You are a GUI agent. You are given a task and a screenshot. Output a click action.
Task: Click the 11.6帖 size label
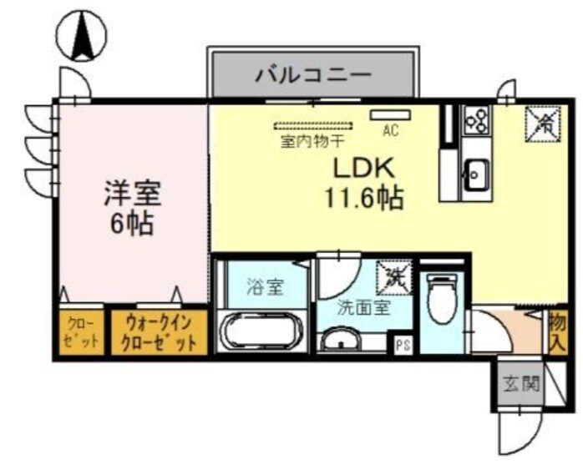coord(364,198)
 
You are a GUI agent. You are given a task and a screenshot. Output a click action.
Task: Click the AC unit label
coord(389,129)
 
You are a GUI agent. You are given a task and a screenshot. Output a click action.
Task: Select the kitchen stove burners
coord(478,120)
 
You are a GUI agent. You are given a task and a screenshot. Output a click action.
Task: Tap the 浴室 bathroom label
coord(265,288)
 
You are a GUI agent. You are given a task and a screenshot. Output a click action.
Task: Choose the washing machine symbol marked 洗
coord(393,277)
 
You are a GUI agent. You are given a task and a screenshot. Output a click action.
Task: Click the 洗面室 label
coord(363,306)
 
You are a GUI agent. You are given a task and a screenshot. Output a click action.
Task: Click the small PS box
coord(403,343)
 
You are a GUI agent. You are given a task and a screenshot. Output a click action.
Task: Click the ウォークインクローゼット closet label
coord(160,332)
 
